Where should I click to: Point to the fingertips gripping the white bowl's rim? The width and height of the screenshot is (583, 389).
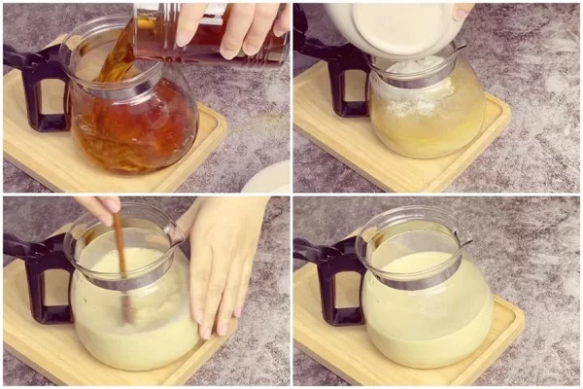[463, 12]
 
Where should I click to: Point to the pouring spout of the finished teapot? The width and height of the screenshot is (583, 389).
[464, 238]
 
